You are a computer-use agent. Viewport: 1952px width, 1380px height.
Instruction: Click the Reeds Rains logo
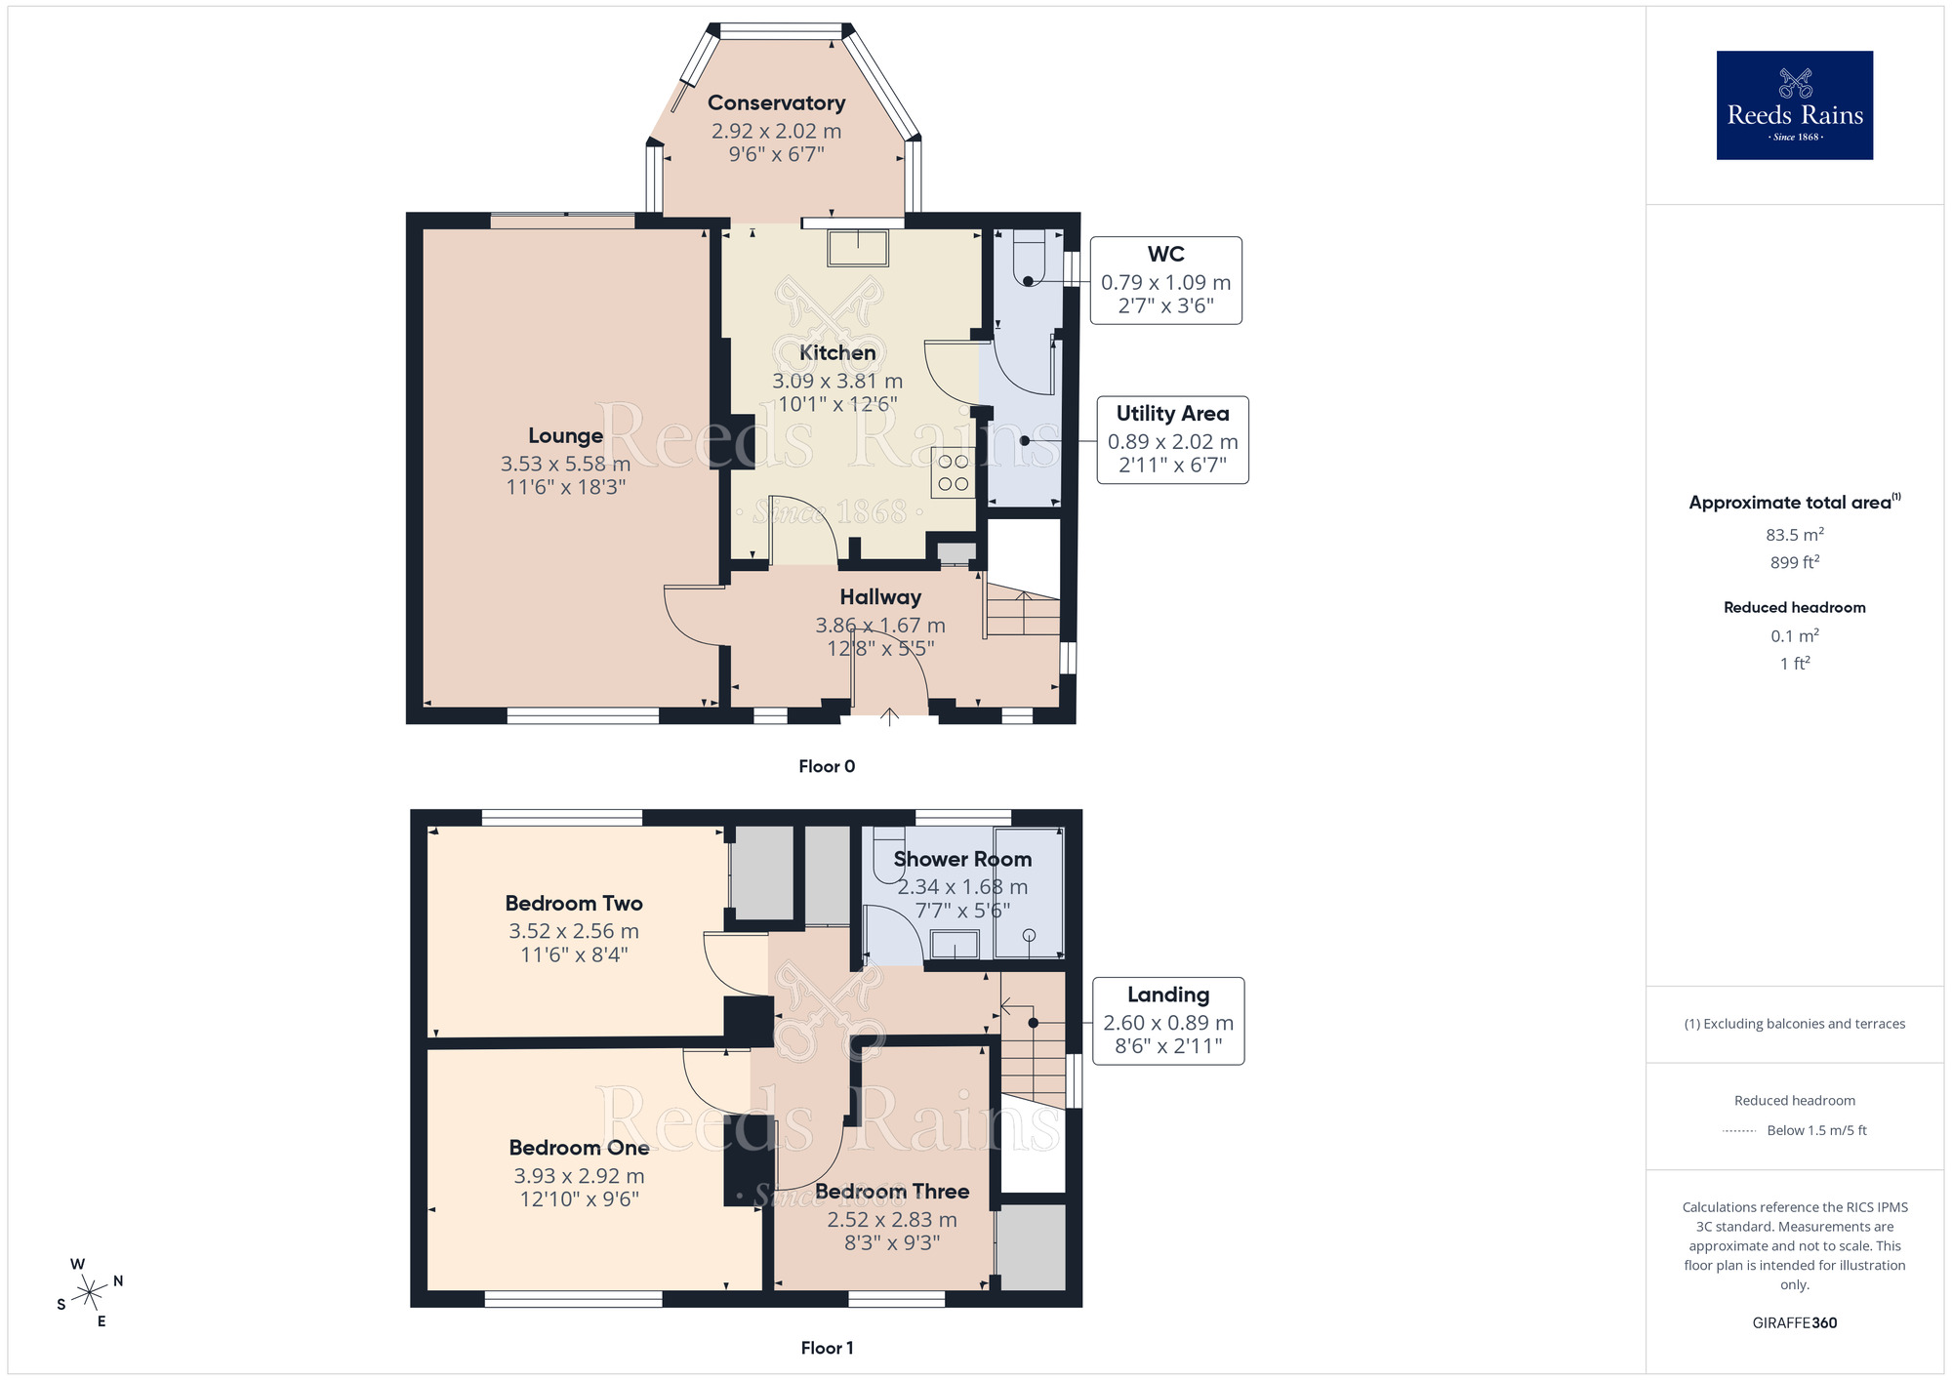pyautogui.click(x=1794, y=105)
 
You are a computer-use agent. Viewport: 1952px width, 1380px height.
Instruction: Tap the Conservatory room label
pyautogui.click(x=776, y=102)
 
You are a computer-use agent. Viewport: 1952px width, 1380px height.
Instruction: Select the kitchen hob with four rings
pyautogui.click(x=953, y=472)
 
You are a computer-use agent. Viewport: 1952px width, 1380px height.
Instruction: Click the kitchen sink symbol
pyautogui.click(x=858, y=248)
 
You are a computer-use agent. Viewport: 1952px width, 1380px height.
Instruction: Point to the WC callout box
pyautogui.click(x=1165, y=280)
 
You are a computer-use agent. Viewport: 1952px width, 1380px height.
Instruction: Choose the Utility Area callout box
pyautogui.click(x=1172, y=440)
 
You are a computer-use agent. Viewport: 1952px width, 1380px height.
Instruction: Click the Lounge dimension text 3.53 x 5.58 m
pyautogui.click(x=565, y=464)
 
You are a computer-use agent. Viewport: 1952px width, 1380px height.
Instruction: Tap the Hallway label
pyautogui.click(x=880, y=596)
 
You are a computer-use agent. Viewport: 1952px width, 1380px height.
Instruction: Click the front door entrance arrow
pyautogui.click(x=889, y=717)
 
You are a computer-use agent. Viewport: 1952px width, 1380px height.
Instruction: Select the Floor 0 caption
pyautogui.click(x=827, y=766)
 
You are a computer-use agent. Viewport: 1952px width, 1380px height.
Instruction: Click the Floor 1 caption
pyautogui.click(x=827, y=1348)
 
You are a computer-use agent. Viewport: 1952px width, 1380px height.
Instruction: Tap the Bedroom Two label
pyautogui.click(x=574, y=903)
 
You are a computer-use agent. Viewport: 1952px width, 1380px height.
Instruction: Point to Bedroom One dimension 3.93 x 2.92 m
pyautogui.click(x=579, y=1176)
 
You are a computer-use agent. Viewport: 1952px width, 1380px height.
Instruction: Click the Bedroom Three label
pyautogui.click(x=892, y=1191)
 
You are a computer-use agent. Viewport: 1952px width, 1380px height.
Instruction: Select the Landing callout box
pyautogui.click(x=1168, y=1021)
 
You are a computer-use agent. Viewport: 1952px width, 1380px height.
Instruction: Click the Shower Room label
pyautogui.click(x=962, y=859)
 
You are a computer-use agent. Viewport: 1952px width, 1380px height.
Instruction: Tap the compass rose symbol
pyautogui.click(x=90, y=1292)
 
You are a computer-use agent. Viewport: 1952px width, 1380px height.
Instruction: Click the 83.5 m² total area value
pyautogui.click(x=1794, y=535)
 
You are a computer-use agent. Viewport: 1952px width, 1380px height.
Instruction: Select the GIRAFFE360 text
pyautogui.click(x=1794, y=1323)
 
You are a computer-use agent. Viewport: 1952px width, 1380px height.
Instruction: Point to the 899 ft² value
pyautogui.click(x=1794, y=562)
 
